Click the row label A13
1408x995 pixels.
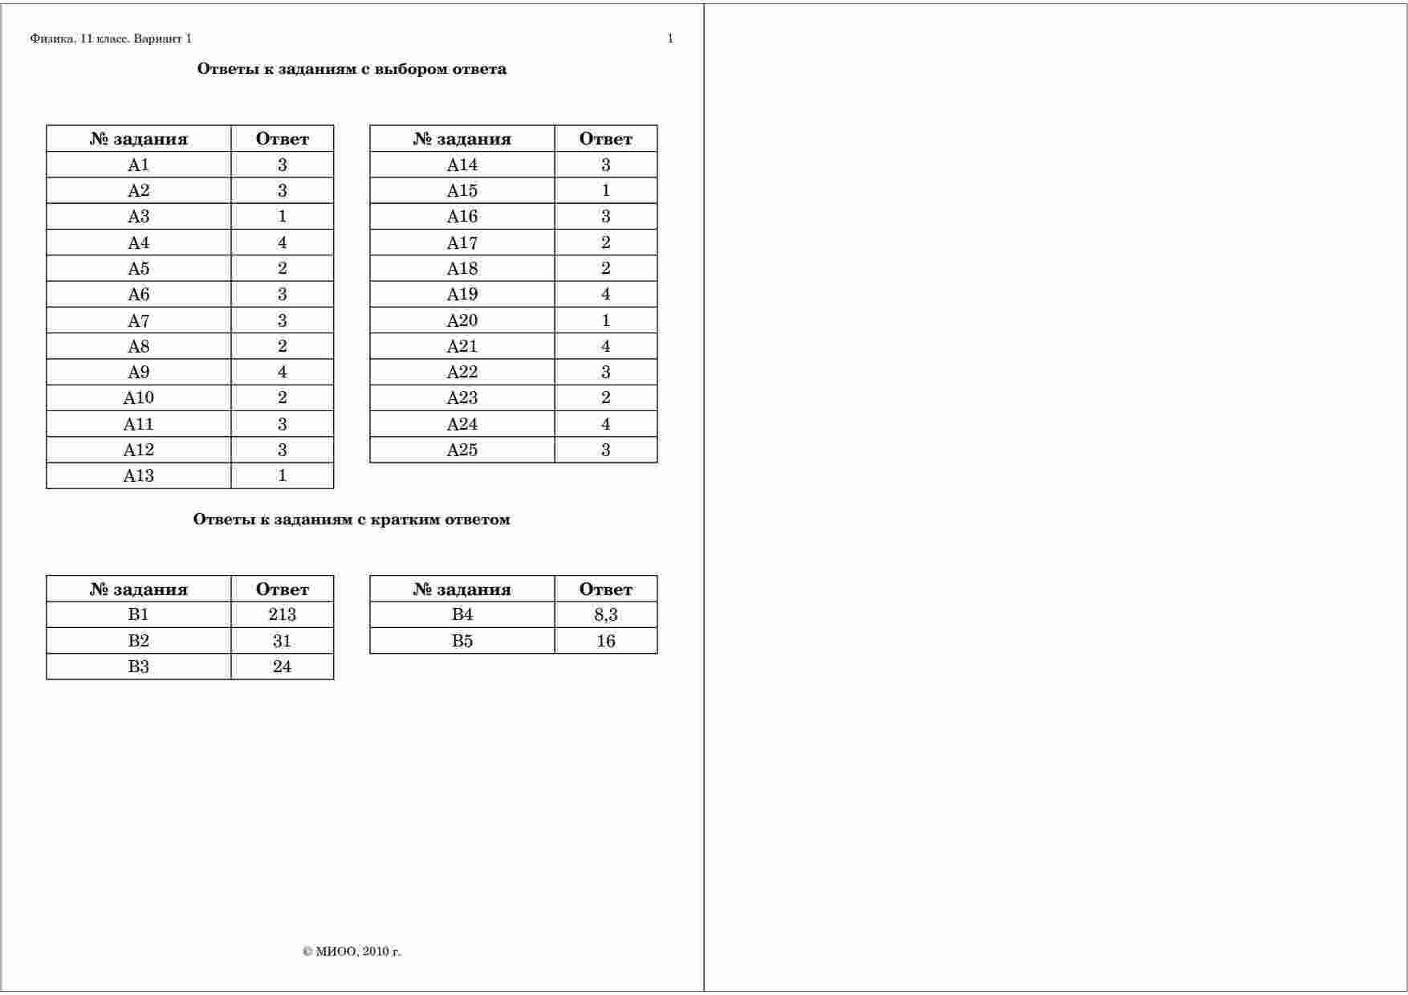(x=138, y=475)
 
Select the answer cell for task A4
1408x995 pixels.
(x=282, y=243)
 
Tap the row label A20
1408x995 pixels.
(x=462, y=320)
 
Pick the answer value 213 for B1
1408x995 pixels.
(x=282, y=614)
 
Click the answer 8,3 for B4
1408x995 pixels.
(x=605, y=614)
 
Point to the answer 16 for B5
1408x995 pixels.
(x=605, y=641)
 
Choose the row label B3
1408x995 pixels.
(x=138, y=667)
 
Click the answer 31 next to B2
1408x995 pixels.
(x=282, y=641)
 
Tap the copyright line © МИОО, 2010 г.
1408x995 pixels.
(x=352, y=952)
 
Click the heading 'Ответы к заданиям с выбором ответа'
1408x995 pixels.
(x=352, y=69)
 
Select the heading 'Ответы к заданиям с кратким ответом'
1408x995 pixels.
(x=352, y=520)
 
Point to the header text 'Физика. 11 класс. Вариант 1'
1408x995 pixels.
(x=111, y=39)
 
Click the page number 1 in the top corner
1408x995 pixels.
(x=670, y=39)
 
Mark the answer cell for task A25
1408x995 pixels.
(x=605, y=450)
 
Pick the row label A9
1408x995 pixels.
(x=138, y=372)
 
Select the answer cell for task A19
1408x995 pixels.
(x=605, y=294)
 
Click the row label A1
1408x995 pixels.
(x=138, y=165)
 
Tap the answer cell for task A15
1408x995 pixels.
(x=605, y=190)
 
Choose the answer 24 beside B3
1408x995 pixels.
(x=282, y=667)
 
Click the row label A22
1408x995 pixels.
(x=462, y=372)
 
